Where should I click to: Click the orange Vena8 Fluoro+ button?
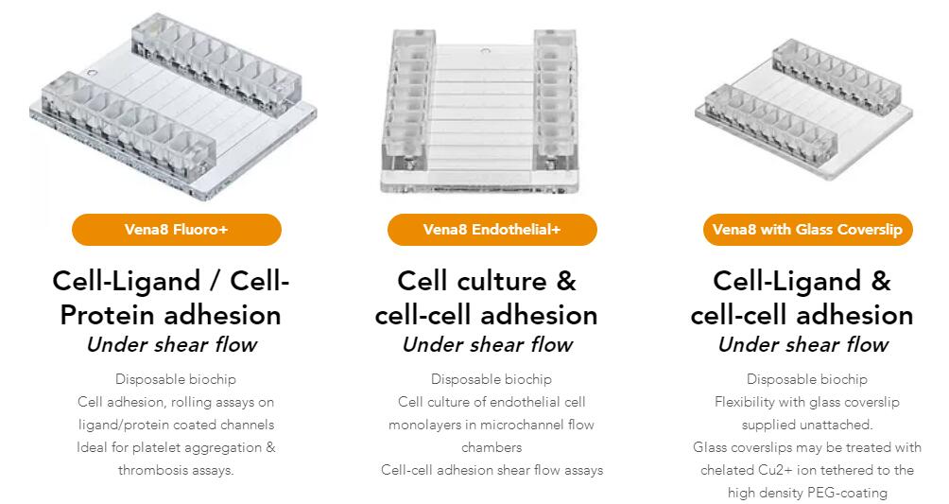point(176,230)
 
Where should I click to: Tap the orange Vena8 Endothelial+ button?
point(492,230)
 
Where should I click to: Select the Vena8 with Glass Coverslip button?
point(807,230)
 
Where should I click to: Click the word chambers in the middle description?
point(492,447)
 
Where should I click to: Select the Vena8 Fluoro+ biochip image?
point(173,106)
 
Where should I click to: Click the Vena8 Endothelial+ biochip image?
point(480,112)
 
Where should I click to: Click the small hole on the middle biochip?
point(484,51)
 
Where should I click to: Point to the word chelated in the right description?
point(727,470)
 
